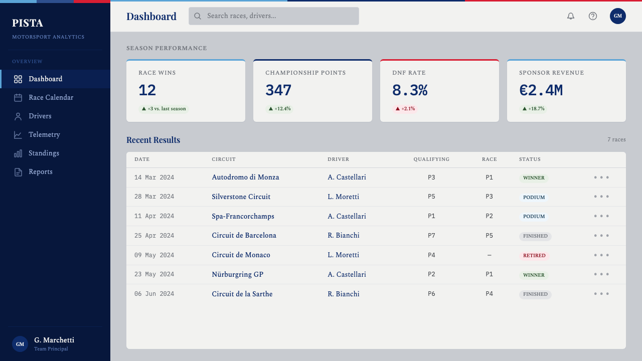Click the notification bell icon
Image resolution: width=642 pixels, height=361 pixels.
pos(571,16)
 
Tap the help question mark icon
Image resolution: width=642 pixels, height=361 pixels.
pos(593,16)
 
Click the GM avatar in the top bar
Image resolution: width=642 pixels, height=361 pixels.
pos(617,16)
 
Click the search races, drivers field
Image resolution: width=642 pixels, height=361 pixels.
pos(274,16)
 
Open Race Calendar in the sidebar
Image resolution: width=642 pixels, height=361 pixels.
pos(51,97)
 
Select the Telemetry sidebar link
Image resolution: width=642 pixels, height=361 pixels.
pos(45,135)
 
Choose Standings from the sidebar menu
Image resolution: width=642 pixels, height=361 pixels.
pos(44,153)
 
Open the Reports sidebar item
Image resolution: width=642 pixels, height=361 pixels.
pos(41,172)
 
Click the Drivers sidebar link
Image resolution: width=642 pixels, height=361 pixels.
pos(40,116)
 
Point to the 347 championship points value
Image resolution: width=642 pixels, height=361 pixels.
pos(278,90)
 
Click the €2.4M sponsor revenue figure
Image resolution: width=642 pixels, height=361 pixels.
pos(541,90)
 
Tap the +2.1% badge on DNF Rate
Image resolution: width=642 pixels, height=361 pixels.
pos(405,109)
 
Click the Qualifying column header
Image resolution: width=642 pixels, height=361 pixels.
pos(431,159)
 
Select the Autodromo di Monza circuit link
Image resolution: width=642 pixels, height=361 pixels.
pos(245,177)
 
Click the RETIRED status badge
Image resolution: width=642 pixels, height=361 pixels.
pos(534,256)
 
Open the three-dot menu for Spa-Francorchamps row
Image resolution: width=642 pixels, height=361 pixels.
pos(601,216)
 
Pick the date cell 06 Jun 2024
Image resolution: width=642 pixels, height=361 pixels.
pos(154,294)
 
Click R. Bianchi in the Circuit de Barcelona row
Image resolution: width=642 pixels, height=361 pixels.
pos(344,236)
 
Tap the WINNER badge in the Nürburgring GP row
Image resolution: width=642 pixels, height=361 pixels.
pos(534,275)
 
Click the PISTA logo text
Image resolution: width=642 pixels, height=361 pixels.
pos(28,23)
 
